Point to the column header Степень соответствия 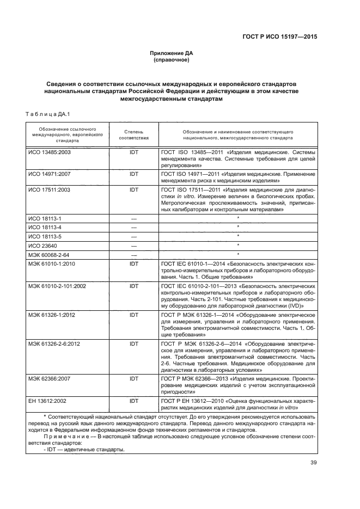tap(133, 136)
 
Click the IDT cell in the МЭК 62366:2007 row tap(133, 377)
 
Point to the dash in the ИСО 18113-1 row tap(133, 218)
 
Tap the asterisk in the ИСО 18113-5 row tap(237, 236)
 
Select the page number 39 tap(312, 463)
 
